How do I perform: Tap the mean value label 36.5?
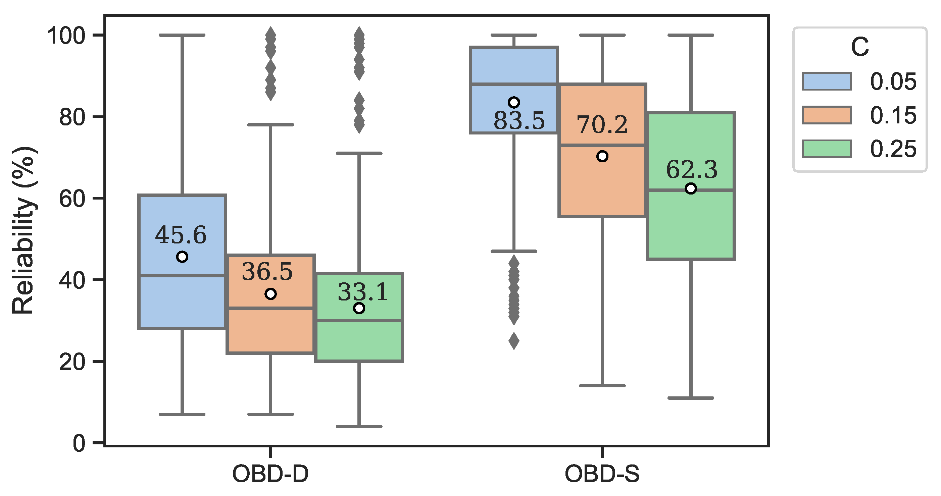point(267,272)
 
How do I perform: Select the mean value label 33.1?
point(362,292)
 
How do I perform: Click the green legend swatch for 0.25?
point(827,149)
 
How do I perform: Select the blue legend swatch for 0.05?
point(827,81)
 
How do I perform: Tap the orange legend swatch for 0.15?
point(827,115)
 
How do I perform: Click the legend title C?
point(859,47)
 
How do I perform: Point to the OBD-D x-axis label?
point(270,474)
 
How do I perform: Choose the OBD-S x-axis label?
point(602,474)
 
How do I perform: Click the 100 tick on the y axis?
point(66,36)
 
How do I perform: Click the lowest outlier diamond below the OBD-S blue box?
point(514,341)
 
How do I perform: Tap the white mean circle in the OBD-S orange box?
point(602,156)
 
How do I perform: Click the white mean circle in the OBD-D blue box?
point(182,257)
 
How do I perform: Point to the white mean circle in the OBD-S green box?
point(691,189)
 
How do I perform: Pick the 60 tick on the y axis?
point(71,199)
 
